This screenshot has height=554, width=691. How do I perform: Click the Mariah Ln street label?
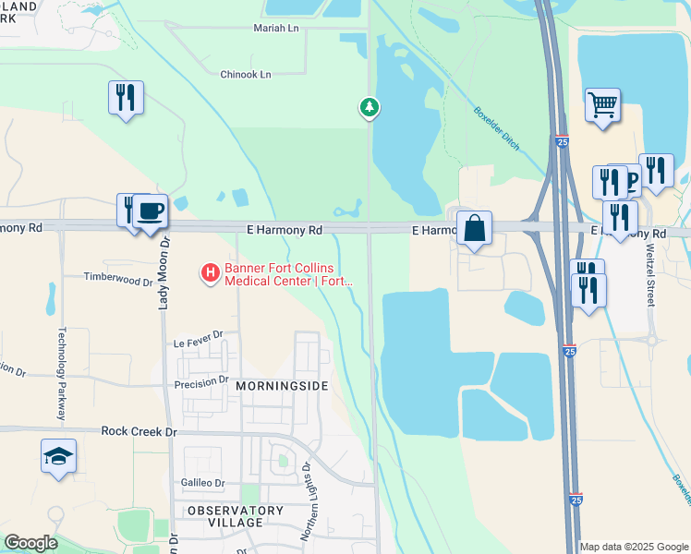click(x=276, y=29)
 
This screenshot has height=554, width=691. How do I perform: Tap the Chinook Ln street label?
click(x=246, y=74)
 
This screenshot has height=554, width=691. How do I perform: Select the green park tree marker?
click(x=370, y=108)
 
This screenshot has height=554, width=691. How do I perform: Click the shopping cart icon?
click(x=602, y=105)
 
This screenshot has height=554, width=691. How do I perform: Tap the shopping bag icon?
click(x=474, y=229)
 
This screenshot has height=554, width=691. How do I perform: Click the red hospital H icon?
click(x=211, y=272)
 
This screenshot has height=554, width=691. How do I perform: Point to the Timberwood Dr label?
click(x=117, y=277)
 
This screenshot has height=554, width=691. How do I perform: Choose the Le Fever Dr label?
click(x=200, y=343)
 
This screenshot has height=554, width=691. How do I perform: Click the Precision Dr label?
click(x=201, y=379)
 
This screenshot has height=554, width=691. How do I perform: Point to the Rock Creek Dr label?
click(x=139, y=431)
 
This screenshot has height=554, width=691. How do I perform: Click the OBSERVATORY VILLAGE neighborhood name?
click(x=236, y=516)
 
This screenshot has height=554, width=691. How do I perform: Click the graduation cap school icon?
click(x=58, y=456)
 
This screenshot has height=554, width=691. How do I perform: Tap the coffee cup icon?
click(x=150, y=211)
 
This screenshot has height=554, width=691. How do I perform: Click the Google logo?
click(x=30, y=543)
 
